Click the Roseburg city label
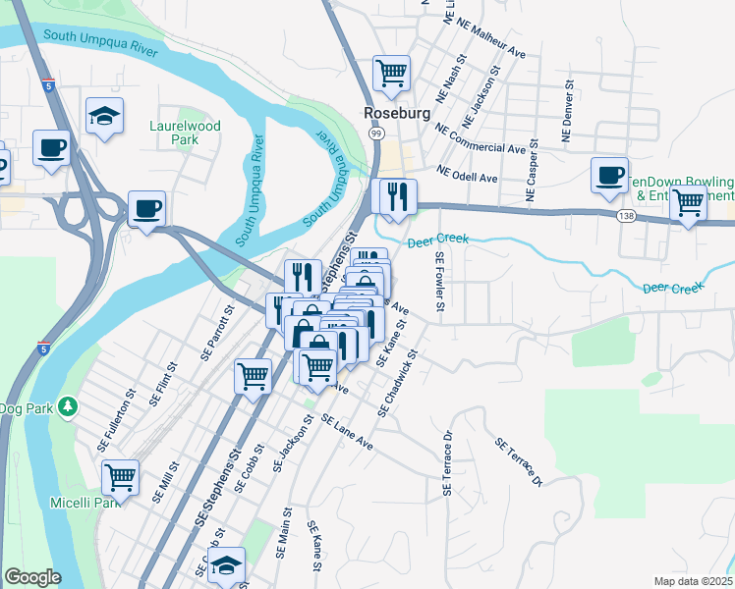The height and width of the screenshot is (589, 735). tap(397, 113)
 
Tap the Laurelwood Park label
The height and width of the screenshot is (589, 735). tap(185, 133)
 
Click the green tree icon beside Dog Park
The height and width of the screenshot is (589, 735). tap(67, 405)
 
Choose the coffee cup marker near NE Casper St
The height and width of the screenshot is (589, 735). tap(609, 174)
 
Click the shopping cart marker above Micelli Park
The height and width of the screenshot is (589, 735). tap(120, 477)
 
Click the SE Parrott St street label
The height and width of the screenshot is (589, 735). tap(218, 333)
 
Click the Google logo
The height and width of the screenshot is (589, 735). tap(32, 577)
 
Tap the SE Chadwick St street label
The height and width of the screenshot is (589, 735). tap(397, 377)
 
